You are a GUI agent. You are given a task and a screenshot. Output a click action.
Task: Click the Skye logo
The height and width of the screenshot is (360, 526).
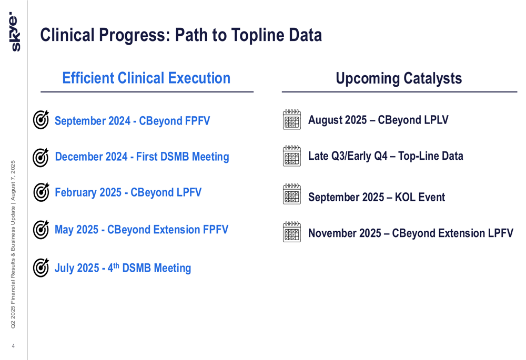(x=14, y=32)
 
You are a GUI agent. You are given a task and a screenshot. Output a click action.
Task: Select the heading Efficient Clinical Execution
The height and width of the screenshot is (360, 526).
(x=146, y=78)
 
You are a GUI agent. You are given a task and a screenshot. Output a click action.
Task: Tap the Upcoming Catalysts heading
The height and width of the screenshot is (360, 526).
(x=399, y=78)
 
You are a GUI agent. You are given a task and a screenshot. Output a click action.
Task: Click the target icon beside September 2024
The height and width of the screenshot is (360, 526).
(x=41, y=119)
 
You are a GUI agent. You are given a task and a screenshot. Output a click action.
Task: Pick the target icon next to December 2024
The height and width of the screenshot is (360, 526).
(x=41, y=157)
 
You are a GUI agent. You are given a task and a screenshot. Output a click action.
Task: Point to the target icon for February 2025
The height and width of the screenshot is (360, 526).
(x=41, y=192)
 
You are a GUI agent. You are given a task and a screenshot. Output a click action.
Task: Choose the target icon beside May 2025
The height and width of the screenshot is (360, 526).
(x=41, y=230)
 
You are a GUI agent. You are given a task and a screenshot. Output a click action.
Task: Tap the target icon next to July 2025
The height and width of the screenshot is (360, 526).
(x=41, y=268)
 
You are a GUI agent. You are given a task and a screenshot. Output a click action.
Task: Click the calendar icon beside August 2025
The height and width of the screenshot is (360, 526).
(x=292, y=119)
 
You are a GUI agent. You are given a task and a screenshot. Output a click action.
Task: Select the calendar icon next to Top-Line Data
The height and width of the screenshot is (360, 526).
(x=292, y=156)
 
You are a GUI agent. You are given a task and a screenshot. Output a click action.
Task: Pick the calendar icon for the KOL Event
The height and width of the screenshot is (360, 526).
(x=292, y=194)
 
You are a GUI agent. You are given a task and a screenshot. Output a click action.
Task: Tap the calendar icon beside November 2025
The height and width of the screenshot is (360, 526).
(x=292, y=232)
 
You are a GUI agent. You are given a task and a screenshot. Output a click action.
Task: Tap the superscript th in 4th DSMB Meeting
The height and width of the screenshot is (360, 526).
(x=116, y=265)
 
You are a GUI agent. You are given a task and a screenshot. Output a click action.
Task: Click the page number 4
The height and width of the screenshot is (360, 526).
(x=13, y=346)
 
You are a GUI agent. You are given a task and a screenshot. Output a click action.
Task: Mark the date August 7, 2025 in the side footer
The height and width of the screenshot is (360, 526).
(x=13, y=181)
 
